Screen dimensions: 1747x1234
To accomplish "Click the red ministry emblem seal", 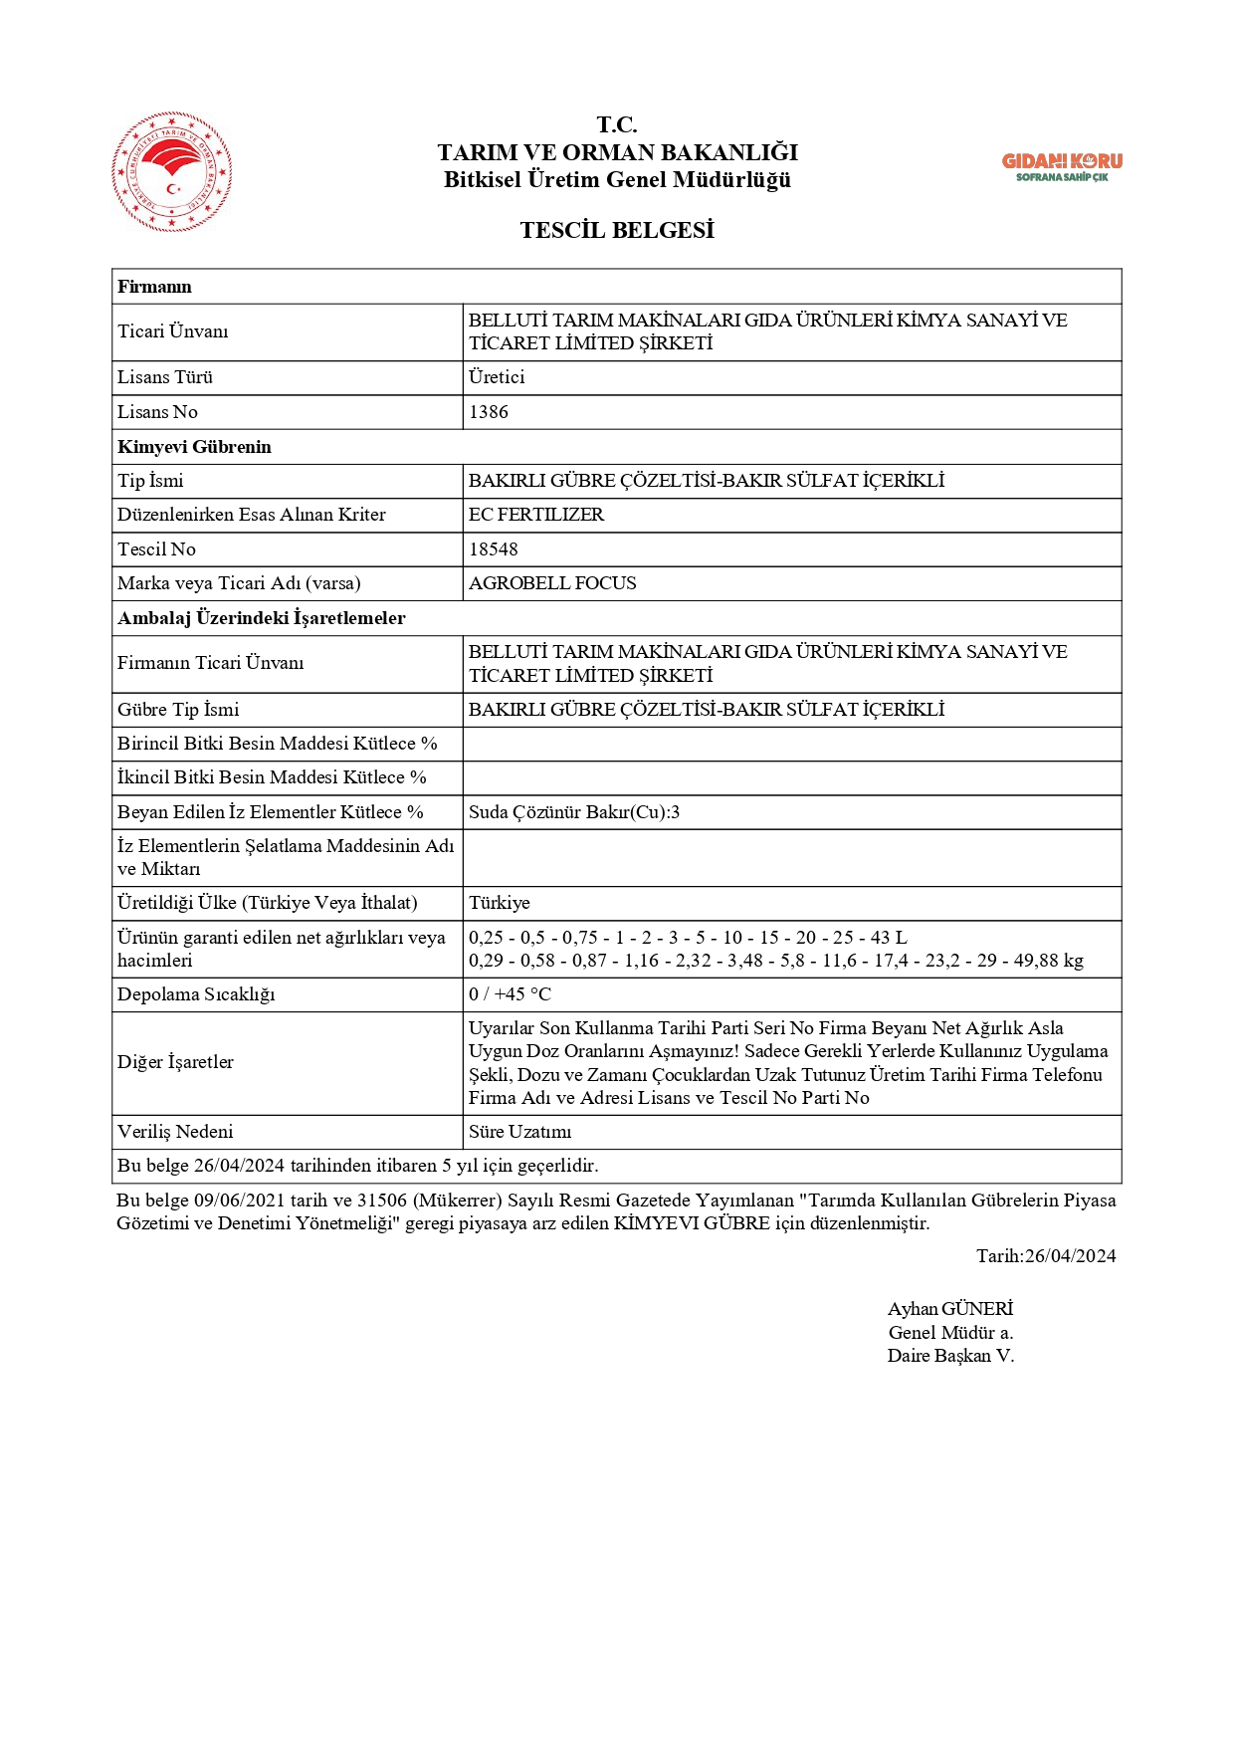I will coord(172,172).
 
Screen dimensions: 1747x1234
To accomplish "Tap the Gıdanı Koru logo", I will coord(1061,166).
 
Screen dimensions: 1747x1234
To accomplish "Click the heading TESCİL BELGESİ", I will coord(617,231).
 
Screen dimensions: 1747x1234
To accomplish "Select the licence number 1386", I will coord(489,412).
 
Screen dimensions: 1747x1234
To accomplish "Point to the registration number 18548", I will coord(494,549).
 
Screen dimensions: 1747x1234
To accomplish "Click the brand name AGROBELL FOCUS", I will coord(552,583).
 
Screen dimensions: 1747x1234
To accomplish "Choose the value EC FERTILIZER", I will coord(536,515).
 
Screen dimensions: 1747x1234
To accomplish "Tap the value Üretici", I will coord(497,377).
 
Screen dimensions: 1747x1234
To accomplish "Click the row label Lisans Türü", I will coord(165,377).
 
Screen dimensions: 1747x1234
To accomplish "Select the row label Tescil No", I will coord(156,549).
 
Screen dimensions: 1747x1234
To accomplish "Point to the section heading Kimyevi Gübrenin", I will coord(194,447).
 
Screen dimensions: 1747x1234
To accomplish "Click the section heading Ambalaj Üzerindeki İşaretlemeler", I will coord(262,618).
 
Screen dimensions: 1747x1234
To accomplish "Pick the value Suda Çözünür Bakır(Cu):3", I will coord(574,812).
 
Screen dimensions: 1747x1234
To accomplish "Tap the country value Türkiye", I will coord(500,903).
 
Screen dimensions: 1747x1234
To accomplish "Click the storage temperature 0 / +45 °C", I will coord(510,994).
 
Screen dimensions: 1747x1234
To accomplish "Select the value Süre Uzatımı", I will coord(520,1132).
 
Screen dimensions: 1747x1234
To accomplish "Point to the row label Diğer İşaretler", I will coord(175,1062).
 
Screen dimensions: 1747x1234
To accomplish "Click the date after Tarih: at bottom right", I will coord(1070,1256).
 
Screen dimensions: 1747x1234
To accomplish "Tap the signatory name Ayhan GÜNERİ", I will coord(950,1309).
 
